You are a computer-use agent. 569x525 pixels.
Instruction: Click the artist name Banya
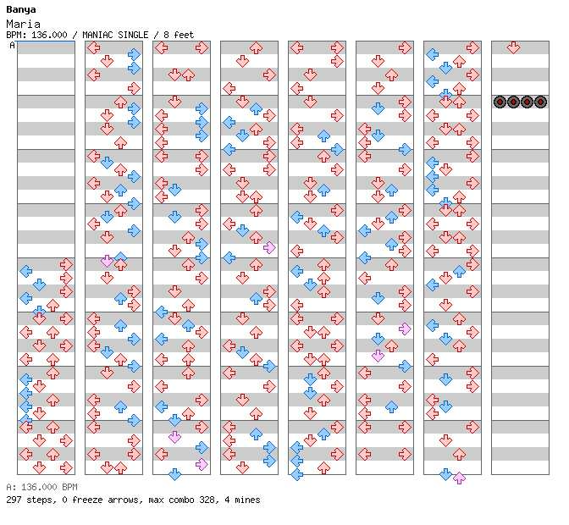(x=21, y=10)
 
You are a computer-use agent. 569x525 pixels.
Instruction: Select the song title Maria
(x=23, y=25)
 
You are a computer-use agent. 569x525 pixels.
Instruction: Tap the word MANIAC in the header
(x=97, y=35)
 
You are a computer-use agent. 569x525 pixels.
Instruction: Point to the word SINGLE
(x=133, y=35)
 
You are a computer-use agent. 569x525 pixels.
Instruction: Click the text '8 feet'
(x=179, y=35)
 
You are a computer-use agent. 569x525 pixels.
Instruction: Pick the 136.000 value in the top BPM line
(x=49, y=35)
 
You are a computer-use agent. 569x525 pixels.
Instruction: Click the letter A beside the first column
(x=12, y=46)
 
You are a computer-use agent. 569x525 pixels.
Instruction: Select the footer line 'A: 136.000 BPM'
(x=41, y=487)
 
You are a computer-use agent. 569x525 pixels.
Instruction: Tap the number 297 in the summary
(x=14, y=500)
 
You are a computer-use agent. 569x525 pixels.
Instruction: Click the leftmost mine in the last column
(x=500, y=102)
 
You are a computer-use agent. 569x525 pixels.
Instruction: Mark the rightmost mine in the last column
(x=541, y=102)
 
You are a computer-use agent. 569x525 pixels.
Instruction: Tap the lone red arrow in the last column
(x=513, y=47)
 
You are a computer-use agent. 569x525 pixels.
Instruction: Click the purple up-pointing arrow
(x=460, y=478)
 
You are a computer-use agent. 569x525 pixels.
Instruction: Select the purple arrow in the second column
(x=107, y=261)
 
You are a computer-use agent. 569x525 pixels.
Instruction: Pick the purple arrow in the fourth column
(x=269, y=247)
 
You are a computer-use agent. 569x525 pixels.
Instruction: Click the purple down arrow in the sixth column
(x=378, y=356)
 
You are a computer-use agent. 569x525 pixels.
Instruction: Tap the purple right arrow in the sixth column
(x=405, y=329)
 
